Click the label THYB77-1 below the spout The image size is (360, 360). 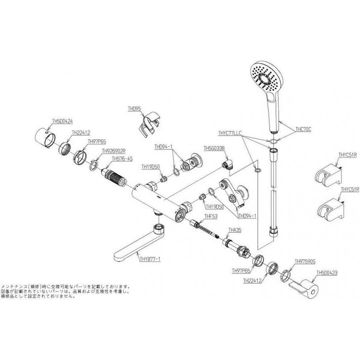pyautogui.click(x=150, y=258)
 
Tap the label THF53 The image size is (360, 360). pyautogui.click(x=211, y=216)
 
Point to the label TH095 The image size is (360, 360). pyautogui.click(x=134, y=109)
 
